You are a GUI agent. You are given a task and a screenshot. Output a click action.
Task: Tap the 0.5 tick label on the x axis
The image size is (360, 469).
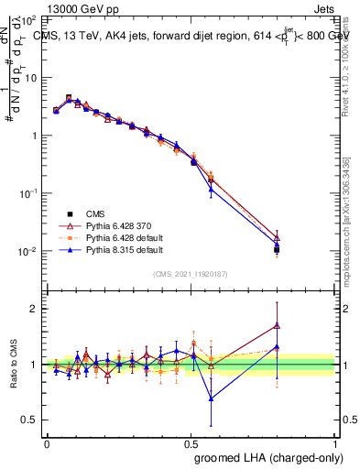191,442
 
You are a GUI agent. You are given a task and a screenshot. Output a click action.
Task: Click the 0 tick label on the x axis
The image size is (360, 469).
47,442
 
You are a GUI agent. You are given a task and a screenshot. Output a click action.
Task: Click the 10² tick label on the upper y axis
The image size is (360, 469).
27,19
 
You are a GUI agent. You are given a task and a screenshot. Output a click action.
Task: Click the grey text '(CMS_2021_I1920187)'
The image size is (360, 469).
191,273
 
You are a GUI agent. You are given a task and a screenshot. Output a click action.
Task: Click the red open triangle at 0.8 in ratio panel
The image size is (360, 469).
277,325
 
